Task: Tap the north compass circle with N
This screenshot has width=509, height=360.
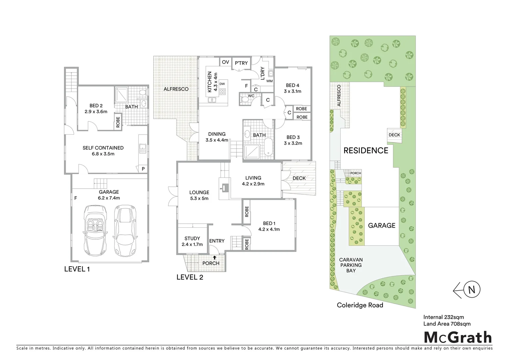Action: (471, 289)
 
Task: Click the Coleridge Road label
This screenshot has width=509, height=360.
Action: (360, 305)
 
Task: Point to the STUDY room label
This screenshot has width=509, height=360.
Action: (192, 238)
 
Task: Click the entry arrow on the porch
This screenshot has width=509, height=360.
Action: (215, 257)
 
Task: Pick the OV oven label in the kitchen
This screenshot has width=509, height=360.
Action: (226, 62)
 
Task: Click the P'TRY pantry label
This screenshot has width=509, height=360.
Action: (241, 63)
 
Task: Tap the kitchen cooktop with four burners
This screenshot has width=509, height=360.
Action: (223, 92)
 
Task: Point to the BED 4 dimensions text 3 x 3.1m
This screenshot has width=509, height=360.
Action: (292, 91)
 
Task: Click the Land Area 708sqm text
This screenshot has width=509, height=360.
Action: (447, 324)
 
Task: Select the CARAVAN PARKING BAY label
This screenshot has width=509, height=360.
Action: (351, 265)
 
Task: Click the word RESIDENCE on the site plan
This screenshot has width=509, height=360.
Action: (366, 151)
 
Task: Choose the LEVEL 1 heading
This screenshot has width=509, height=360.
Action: (77, 269)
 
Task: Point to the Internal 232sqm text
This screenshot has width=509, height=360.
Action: (443, 317)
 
